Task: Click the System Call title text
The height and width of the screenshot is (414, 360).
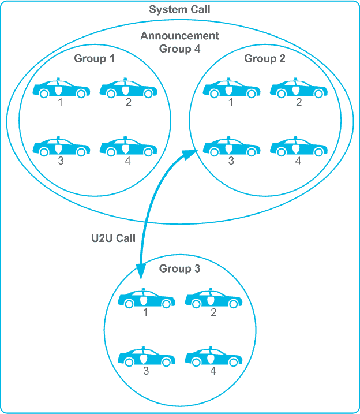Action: click(179, 10)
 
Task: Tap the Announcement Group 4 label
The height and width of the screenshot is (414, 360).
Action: click(179, 42)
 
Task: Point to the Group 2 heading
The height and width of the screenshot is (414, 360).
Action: click(265, 58)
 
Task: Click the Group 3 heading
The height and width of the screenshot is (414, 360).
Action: click(179, 268)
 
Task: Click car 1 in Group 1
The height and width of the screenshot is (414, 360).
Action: click(61, 89)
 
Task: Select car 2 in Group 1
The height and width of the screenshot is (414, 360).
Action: click(128, 89)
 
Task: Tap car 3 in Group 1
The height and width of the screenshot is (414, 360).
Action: click(61, 148)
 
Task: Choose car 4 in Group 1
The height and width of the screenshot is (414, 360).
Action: click(128, 148)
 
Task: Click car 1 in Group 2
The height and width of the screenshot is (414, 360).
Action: click(231, 89)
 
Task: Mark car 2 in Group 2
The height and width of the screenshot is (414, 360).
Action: click(298, 89)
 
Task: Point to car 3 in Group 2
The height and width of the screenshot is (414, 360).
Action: click(231, 148)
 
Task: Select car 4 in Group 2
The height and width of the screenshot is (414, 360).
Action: click(298, 148)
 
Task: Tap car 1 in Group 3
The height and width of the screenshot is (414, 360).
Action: click(146, 299)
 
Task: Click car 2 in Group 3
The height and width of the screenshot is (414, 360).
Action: click(213, 299)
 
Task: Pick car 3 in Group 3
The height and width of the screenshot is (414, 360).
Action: click(146, 357)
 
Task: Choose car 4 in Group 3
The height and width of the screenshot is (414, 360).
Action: click(213, 357)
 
